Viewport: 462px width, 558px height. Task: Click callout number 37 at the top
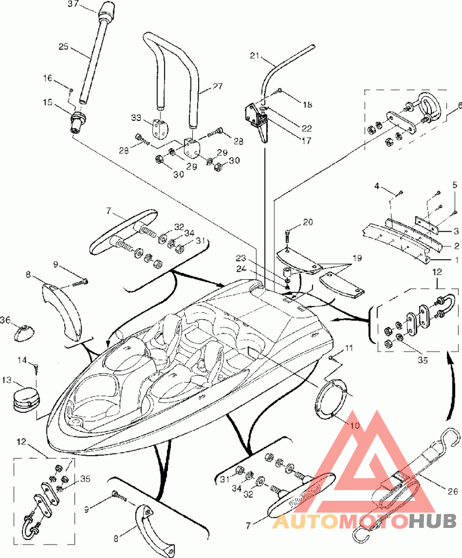73,4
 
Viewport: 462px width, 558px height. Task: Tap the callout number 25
64,47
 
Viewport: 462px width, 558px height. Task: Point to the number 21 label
255,56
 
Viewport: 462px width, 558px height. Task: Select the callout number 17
306,141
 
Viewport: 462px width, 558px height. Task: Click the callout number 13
7,380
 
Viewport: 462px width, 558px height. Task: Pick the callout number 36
5,320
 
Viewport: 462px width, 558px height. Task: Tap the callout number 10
355,425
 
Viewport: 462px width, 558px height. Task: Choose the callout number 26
453,492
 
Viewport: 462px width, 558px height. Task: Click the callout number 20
308,222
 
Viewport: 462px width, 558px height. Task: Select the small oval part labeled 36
25,333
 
